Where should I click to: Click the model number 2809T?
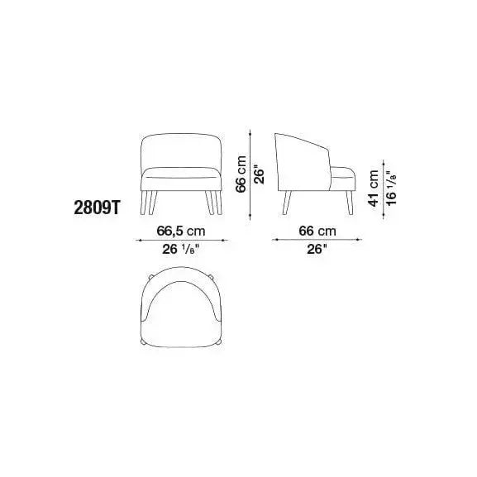98,208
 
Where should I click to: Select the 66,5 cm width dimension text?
181,231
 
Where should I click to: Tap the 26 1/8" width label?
181,249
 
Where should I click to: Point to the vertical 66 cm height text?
241,174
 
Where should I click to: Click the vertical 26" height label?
260,174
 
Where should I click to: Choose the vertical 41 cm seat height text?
374,188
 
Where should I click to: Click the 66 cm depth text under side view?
317,231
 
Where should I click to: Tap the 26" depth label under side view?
317,249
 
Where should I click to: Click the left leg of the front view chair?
149,203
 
